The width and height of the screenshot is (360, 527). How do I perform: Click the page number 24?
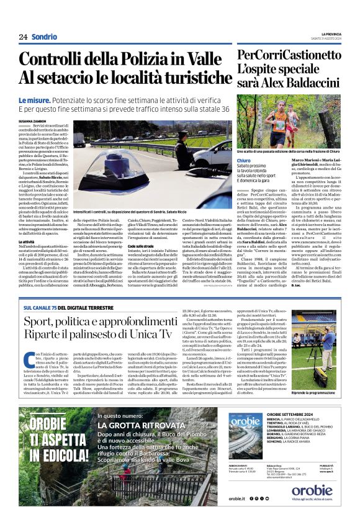(23, 37)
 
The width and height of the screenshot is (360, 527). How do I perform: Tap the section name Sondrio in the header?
(44, 37)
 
